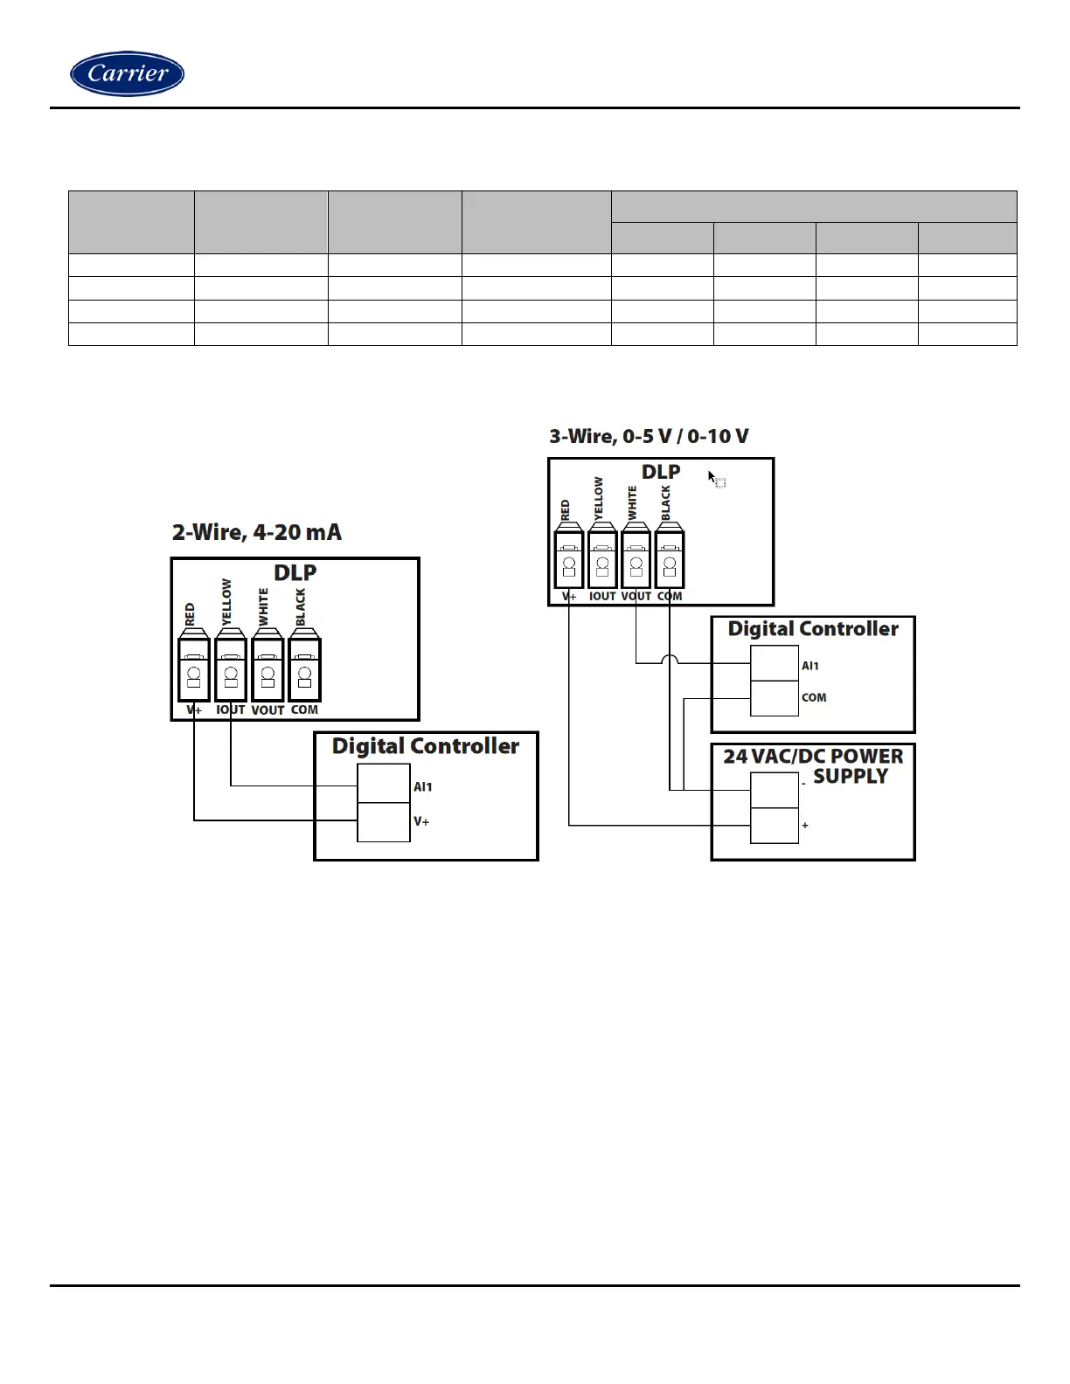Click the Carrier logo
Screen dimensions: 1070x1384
click(x=127, y=73)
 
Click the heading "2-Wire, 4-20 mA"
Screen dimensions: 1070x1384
click(x=256, y=532)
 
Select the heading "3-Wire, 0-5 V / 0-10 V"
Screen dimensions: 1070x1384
click(x=649, y=436)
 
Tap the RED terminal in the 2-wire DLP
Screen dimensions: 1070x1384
click(x=194, y=669)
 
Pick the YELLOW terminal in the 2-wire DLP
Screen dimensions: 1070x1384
click(x=231, y=669)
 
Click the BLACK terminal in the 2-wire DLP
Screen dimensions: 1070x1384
click(x=304, y=669)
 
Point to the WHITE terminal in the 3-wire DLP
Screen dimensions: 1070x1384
click(x=636, y=559)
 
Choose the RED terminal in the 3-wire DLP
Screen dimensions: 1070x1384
click(x=569, y=559)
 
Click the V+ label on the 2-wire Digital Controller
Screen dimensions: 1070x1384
click(x=421, y=821)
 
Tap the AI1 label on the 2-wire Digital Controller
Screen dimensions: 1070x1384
click(x=423, y=786)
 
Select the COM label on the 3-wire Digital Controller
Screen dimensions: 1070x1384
click(x=814, y=697)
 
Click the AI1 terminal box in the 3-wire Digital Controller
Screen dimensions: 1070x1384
click(x=775, y=663)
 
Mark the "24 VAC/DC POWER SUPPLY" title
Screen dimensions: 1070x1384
click(x=813, y=765)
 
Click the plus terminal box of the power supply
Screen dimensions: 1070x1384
click(x=775, y=826)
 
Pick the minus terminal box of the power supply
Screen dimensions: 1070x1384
click(x=775, y=791)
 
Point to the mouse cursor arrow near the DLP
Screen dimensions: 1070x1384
click(x=712, y=477)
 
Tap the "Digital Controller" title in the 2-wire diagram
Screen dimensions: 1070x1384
click(x=426, y=746)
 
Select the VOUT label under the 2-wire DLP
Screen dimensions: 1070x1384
click(x=267, y=710)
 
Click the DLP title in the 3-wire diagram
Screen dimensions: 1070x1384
click(x=661, y=472)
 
